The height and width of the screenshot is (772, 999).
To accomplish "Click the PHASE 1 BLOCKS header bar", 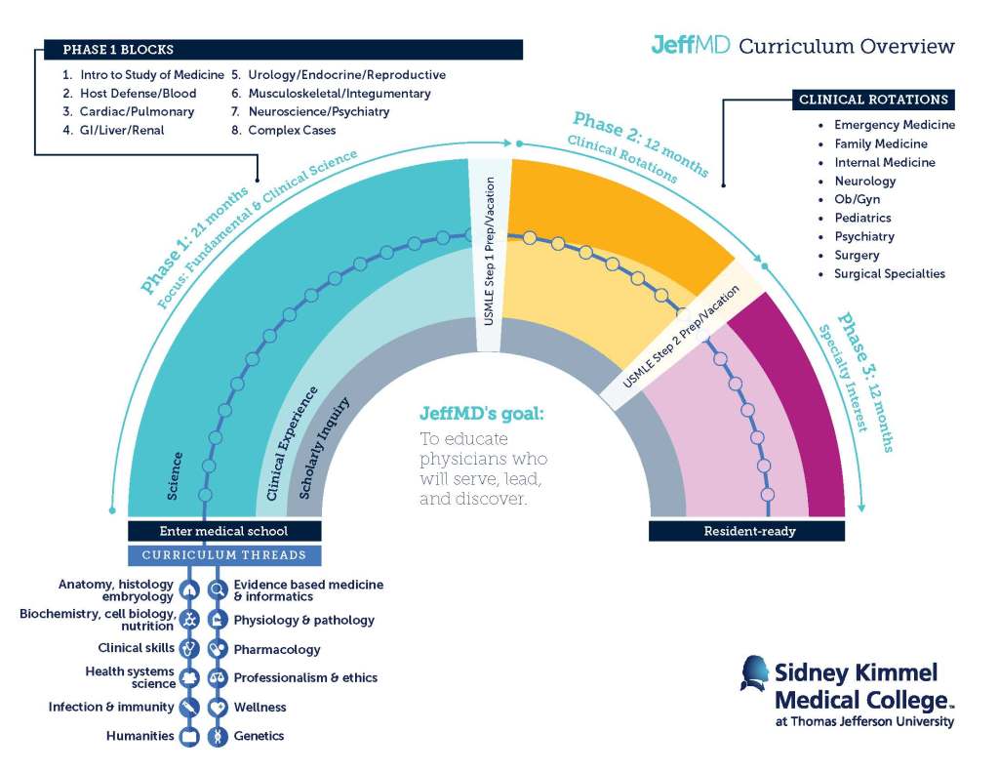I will click(283, 50).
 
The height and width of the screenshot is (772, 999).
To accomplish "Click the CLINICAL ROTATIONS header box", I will click(873, 100).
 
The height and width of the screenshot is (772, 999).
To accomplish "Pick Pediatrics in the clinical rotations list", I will click(862, 218).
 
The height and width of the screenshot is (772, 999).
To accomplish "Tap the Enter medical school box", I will click(224, 532).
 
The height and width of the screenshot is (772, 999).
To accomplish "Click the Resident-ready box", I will click(746, 532).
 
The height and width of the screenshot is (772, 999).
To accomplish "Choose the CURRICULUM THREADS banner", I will click(224, 555).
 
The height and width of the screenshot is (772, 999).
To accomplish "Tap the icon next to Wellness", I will click(218, 708).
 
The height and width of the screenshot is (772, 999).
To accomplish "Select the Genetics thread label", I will click(259, 736).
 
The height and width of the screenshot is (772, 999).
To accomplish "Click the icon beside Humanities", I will click(189, 736).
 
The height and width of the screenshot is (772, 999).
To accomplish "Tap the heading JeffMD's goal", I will click(482, 413).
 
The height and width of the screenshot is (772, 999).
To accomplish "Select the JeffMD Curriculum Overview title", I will click(803, 46).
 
